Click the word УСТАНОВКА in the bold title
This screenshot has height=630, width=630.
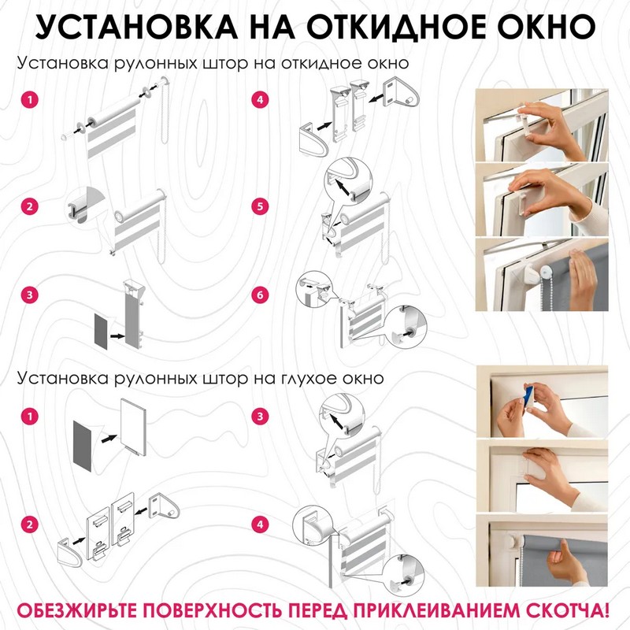(135, 27)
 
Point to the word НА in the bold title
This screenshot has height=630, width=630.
(272, 27)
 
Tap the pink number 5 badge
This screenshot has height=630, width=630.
(260, 206)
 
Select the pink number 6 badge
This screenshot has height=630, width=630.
(260, 295)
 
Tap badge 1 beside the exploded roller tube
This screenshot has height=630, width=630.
(30, 99)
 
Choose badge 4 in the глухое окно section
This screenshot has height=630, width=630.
(260, 524)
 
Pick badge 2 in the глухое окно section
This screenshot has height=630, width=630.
(30, 524)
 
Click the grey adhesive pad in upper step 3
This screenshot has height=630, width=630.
(102, 331)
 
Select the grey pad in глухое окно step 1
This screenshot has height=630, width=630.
(83, 446)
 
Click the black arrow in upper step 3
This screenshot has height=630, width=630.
(117, 335)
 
